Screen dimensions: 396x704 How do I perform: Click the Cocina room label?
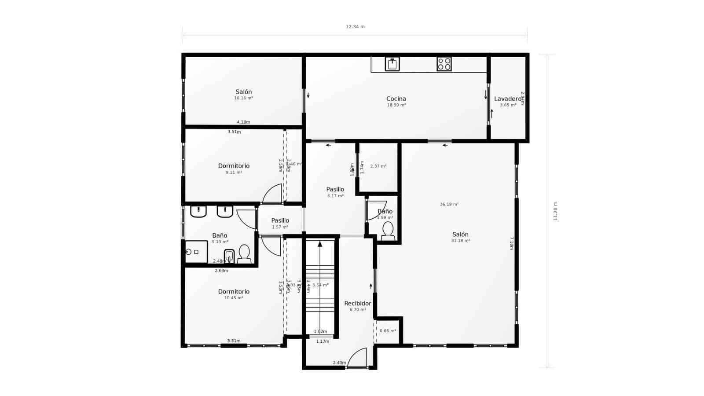pyautogui.click(x=396, y=99)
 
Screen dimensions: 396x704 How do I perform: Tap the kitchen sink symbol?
pyautogui.click(x=392, y=64)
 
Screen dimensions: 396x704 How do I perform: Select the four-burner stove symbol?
pyautogui.click(x=444, y=64)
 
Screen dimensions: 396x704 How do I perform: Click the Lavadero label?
pyautogui.click(x=507, y=99)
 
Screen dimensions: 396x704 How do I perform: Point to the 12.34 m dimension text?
pyautogui.click(x=355, y=27)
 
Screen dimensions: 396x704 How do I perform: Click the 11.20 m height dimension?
pyautogui.click(x=555, y=211)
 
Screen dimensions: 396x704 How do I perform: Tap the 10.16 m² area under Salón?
pyautogui.click(x=243, y=98)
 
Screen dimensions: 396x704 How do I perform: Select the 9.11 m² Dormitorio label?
pyautogui.click(x=234, y=166)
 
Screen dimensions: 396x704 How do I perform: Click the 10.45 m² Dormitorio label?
pyautogui.click(x=234, y=292)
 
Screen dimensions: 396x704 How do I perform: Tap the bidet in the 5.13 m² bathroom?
pyautogui.click(x=229, y=256)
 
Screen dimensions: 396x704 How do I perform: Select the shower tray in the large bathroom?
pyautogui.click(x=196, y=252)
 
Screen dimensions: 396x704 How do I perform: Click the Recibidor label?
pyautogui.click(x=357, y=304)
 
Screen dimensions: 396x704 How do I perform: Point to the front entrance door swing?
pyautogui.click(x=357, y=357)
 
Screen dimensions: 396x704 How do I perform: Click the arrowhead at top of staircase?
pyautogui.click(x=320, y=243)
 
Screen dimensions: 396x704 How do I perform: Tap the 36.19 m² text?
pyautogui.click(x=449, y=204)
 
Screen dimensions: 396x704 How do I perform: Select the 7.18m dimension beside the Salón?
pyautogui.click(x=511, y=243)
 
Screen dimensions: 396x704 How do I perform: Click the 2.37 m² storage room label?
pyautogui.click(x=378, y=166)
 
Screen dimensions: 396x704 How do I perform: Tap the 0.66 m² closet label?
pyautogui.click(x=388, y=331)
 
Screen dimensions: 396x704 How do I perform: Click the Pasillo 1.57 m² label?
pyautogui.click(x=280, y=221)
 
